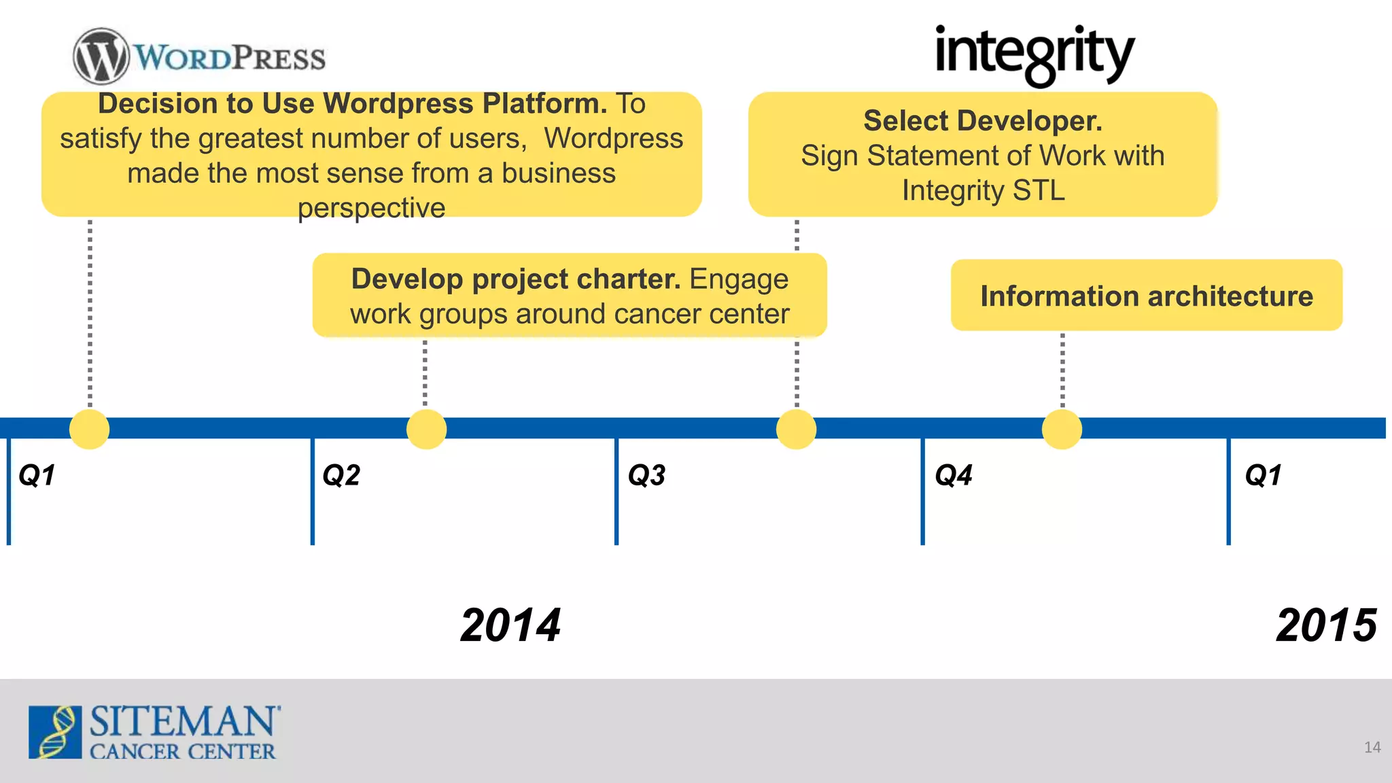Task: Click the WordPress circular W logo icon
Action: pos(101,56)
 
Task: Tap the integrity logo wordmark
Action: pos(1034,54)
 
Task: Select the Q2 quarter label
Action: pos(341,475)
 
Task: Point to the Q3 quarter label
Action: pos(646,475)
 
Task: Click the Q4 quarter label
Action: pos(954,475)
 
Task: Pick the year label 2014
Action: pos(510,625)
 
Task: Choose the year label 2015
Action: pos(1326,625)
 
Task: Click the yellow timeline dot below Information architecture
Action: pos(1062,429)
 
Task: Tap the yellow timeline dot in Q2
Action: pos(426,429)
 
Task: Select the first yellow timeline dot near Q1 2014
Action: pos(90,429)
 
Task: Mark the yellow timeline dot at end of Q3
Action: pos(796,429)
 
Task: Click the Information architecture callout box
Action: pos(1146,296)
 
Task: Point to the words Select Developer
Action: pos(983,121)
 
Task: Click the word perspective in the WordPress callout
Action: pos(371,208)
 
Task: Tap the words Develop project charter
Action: pos(516,279)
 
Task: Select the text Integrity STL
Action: pos(983,190)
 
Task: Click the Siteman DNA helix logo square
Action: pos(55,732)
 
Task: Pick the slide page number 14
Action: pos(1372,748)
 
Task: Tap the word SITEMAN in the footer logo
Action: pos(184,721)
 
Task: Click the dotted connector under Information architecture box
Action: pos(1062,370)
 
